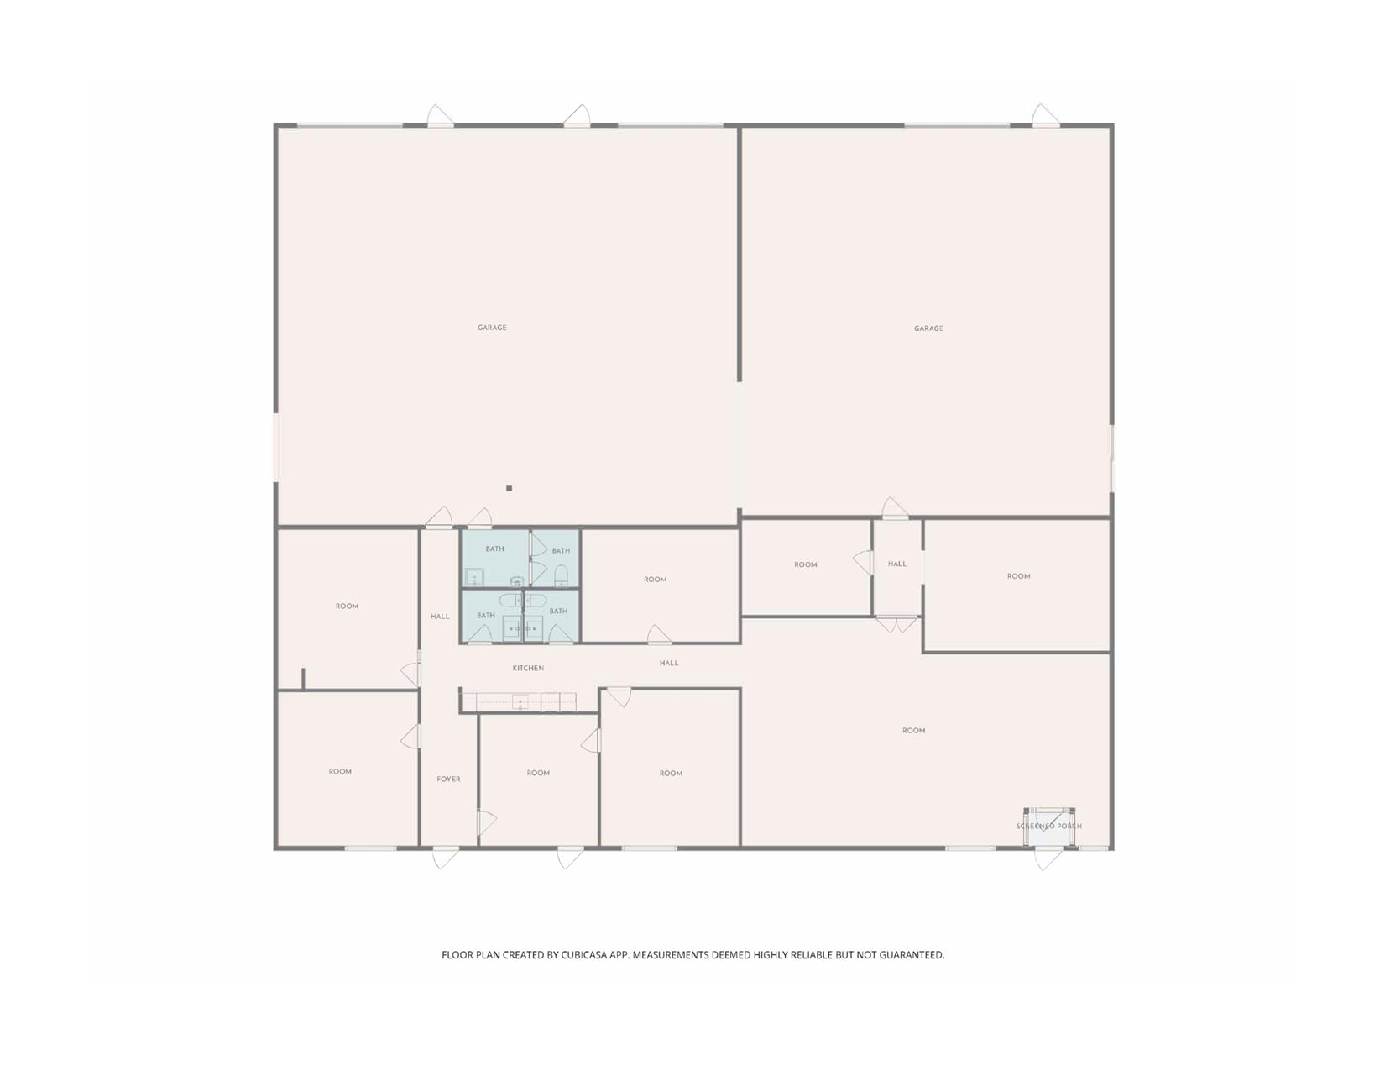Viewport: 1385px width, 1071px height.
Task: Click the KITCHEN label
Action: [x=528, y=668]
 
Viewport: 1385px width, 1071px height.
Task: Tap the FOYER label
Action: [x=448, y=779]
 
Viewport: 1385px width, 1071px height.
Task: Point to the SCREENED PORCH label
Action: [x=1048, y=826]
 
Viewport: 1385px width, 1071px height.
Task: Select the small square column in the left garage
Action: [x=509, y=488]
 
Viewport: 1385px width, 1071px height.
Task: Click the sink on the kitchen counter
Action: [x=520, y=702]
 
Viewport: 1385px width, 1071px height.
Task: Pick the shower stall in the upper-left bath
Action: [x=474, y=577]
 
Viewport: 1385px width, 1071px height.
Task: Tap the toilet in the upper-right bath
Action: [x=561, y=575]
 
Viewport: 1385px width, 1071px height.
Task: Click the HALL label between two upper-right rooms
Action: [x=896, y=564]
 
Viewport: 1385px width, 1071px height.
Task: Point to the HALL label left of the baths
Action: [x=440, y=616]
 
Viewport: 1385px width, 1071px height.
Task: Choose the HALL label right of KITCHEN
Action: [x=668, y=663]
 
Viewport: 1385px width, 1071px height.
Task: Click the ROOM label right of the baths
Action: [x=655, y=579]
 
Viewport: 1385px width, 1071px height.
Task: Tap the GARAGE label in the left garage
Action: [x=492, y=328]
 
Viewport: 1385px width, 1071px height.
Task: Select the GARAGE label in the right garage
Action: [x=928, y=328]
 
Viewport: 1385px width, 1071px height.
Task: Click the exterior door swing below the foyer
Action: [x=445, y=858]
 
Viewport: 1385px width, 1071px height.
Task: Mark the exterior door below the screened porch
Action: [x=1048, y=858]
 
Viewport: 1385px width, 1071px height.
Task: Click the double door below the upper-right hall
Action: [x=896, y=624]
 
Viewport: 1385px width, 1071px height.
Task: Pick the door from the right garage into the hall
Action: [x=895, y=508]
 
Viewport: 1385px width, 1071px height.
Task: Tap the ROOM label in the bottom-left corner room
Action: [x=340, y=771]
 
